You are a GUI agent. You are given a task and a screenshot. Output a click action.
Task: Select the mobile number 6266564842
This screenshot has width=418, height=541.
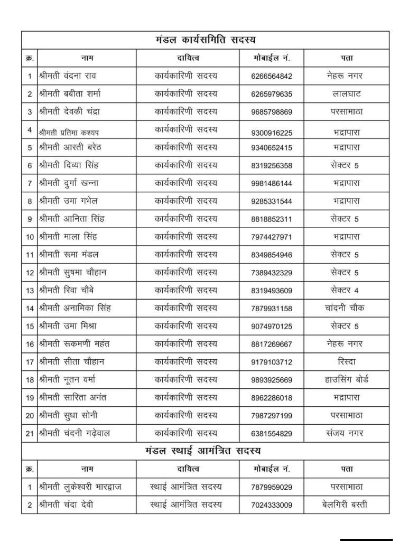pyautogui.click(x=272, y=76)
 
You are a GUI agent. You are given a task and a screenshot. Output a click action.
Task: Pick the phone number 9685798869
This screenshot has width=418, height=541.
pyautogui.click(x=272, y=112)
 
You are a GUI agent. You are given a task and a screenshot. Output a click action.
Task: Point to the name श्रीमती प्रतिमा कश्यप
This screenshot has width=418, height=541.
pyautogui.click(x=69, y=130)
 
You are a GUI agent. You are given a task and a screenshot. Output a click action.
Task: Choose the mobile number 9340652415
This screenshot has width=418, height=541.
pyautogui.click(x=272, y=148)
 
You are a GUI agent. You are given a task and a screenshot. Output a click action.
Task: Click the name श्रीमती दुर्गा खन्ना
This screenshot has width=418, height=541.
pyautogui.click(x=69, y=183)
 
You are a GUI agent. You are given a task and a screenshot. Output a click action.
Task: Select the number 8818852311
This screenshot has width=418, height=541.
pyautogui.click(x=272, y=219)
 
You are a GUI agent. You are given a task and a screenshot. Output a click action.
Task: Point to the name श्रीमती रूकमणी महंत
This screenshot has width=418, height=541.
pyautogui.click(x=75, y=343)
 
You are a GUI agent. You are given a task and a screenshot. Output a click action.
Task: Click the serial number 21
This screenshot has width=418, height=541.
pyautogui.click(x=30, y=433)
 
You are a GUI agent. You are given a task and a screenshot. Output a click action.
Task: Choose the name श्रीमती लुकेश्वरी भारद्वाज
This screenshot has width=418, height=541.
pyautogui.click(x=80, y=487)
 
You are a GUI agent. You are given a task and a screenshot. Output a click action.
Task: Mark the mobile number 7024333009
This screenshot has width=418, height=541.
pyautogui.click(x=272, y=505)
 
